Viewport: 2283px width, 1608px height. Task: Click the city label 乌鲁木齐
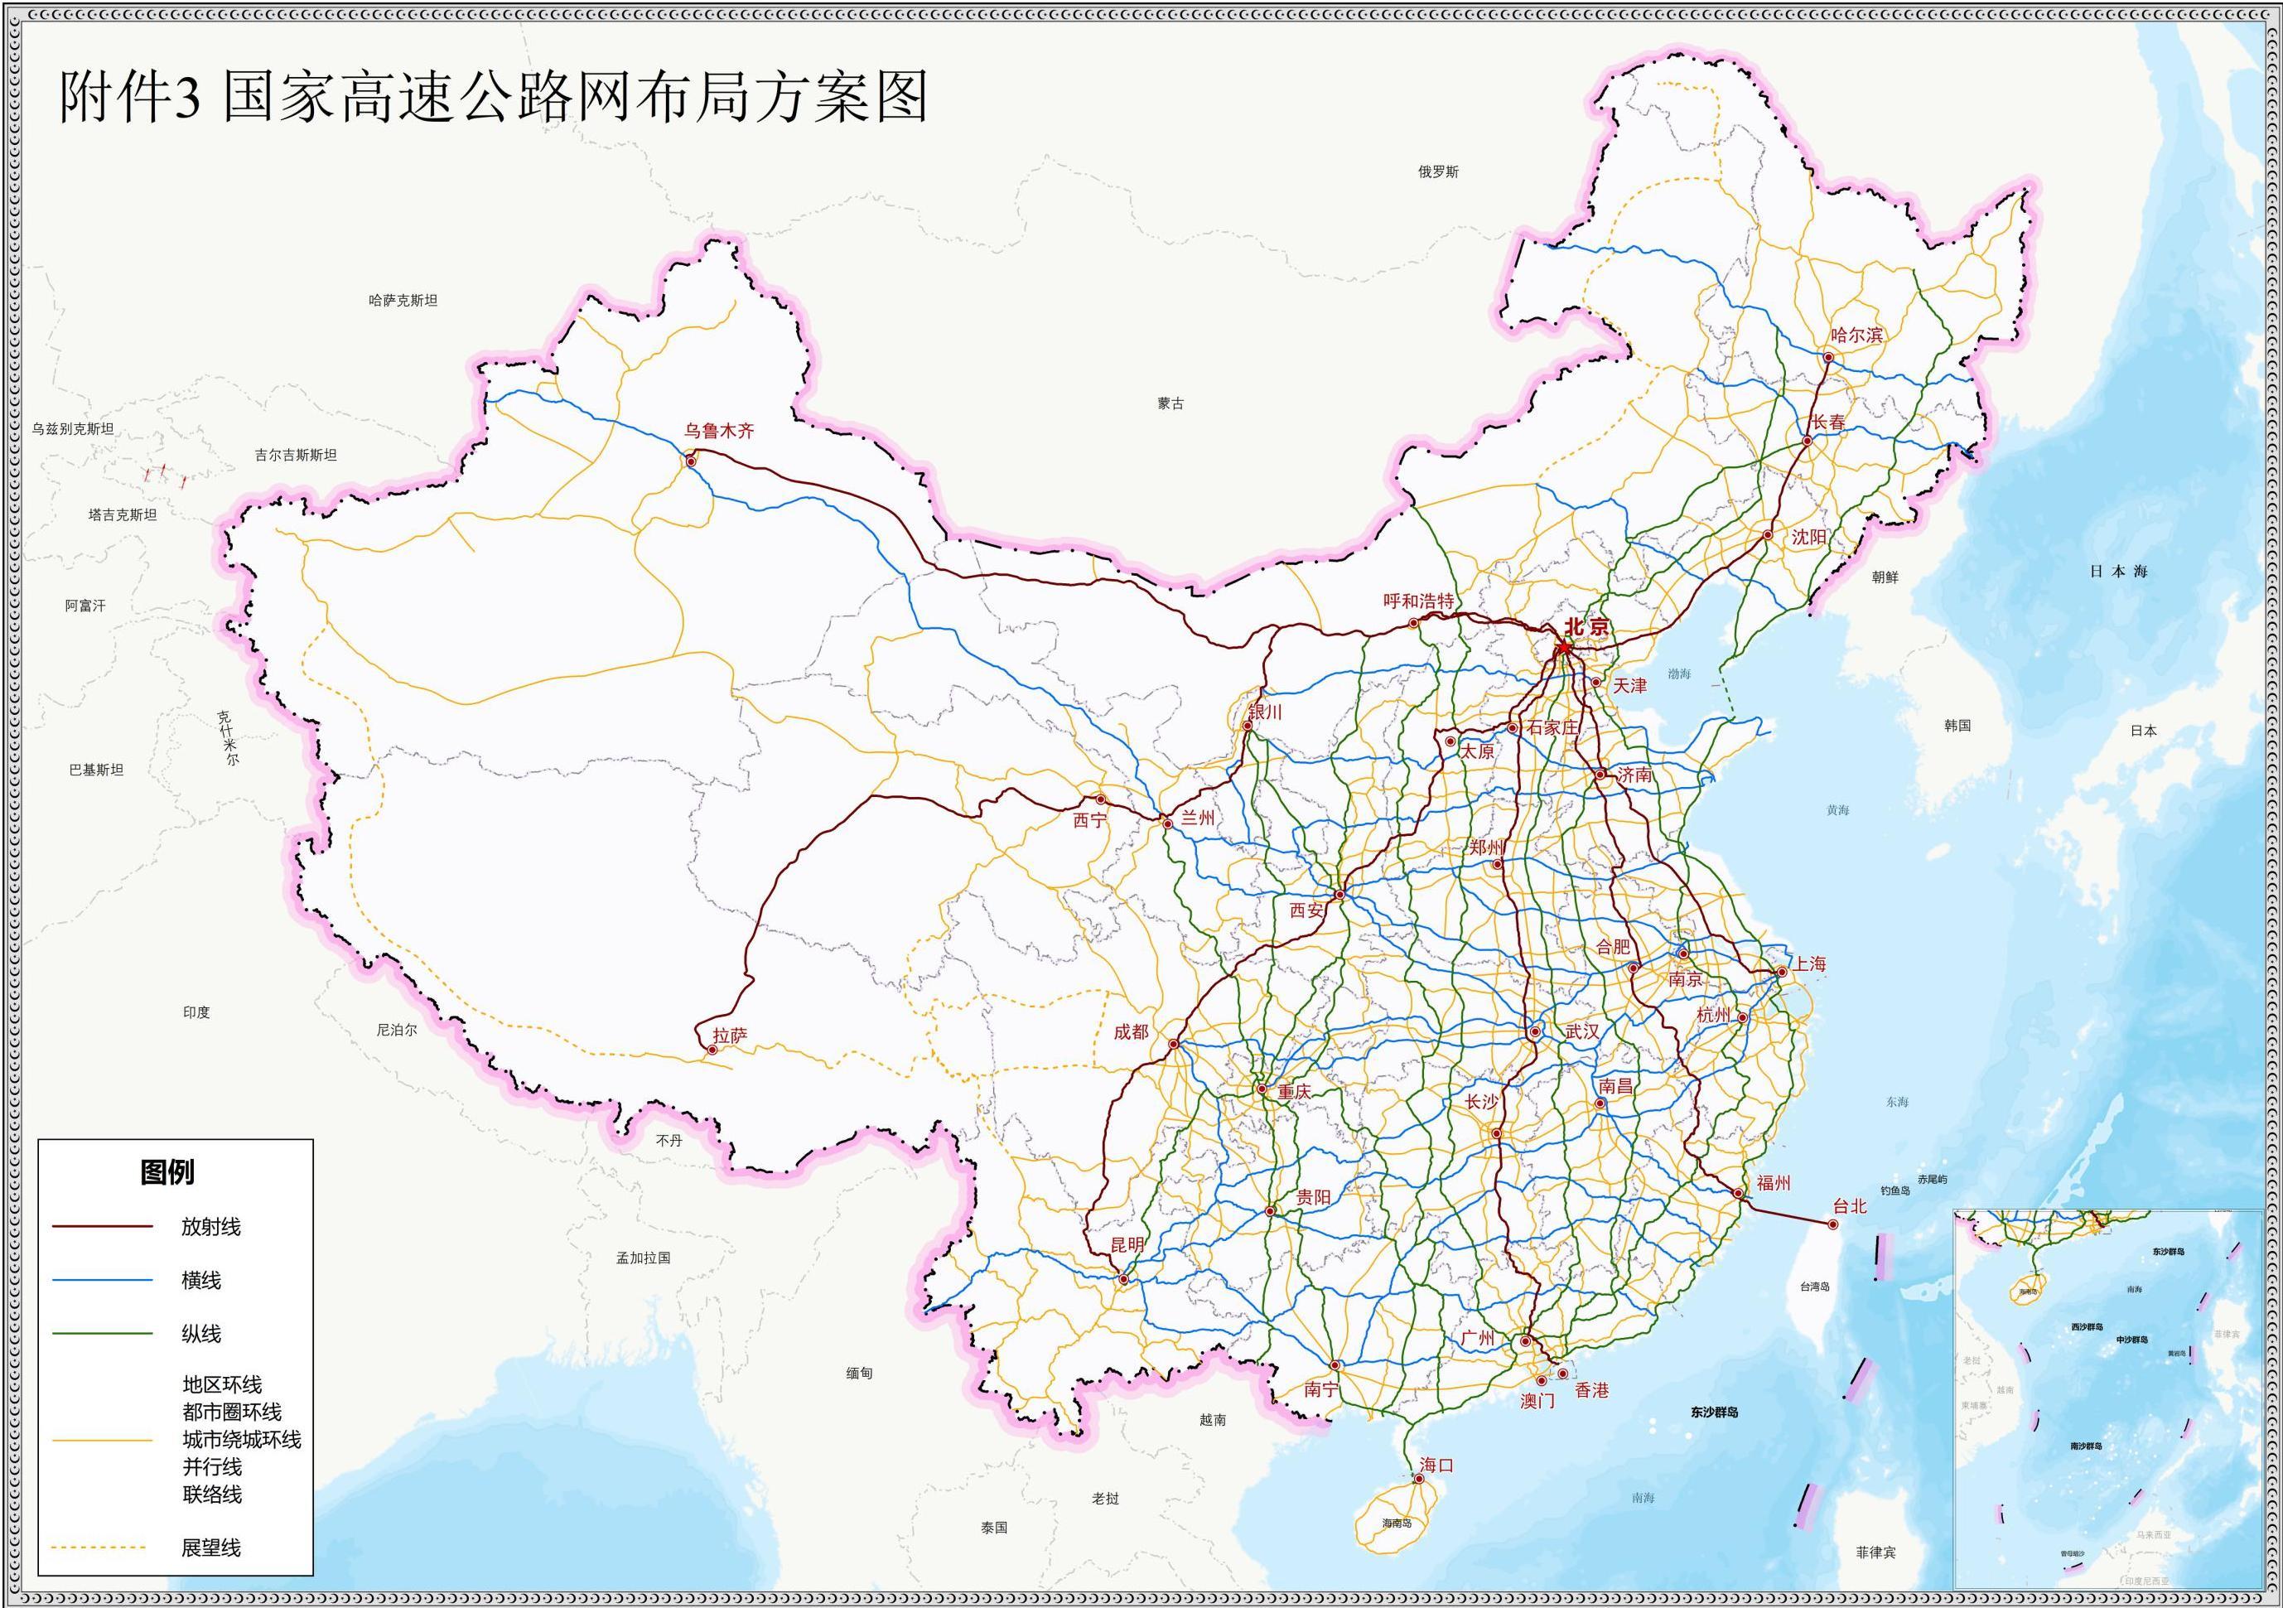[x=718, y=431]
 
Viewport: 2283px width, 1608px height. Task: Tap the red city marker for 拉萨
[x=713, y=1050]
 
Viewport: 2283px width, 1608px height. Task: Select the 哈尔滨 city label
[x=1856, y=336]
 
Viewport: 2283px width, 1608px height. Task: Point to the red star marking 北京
[x=1564, y=647]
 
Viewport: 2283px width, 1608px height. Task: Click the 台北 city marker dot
[x=1832, y=1225]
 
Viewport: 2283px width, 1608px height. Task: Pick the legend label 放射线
[x=210, y=1227]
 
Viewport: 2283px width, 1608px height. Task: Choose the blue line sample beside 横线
[x=103, y=1281]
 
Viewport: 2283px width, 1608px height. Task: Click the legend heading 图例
[x=168, y=1172]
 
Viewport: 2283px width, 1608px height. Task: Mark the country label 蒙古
[x=1170, y=403]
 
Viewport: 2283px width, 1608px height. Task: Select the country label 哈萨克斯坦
[x=403, y=301]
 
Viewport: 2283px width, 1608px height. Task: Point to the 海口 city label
[x=1437, y=1465]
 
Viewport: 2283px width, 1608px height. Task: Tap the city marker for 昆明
[x=1123, y=1279]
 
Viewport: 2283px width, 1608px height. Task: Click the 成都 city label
[x=1131, y=1032]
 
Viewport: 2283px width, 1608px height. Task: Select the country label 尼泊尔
[x=397, y=1031]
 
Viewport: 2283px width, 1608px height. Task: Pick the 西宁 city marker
[x=1101, y=799]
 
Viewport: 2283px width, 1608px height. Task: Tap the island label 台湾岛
[x=1815, y=1287]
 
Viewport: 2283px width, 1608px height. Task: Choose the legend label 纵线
[x=200, y=1335]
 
